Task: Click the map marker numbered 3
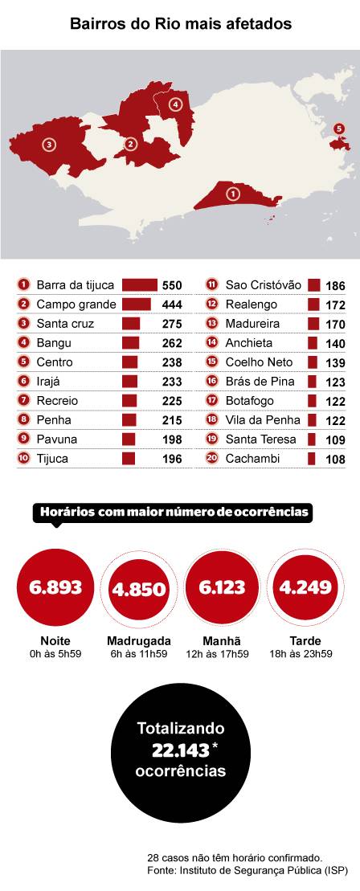(x=49, y=145)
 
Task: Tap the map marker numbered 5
(x=338, y=129)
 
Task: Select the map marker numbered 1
(x=233, y=194)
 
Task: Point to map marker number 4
(x=175, y=104)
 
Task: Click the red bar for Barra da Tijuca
(x=139, y=285)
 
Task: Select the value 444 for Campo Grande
(x=172, y=305)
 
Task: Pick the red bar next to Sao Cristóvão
(x=314, y=285)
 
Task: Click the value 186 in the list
(x=335, y=286)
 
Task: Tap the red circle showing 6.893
(x=55, y=587)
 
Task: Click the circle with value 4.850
(x=139, y=589)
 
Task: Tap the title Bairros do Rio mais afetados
(x=180, y=25)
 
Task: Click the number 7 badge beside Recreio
(x=22, y=401)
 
